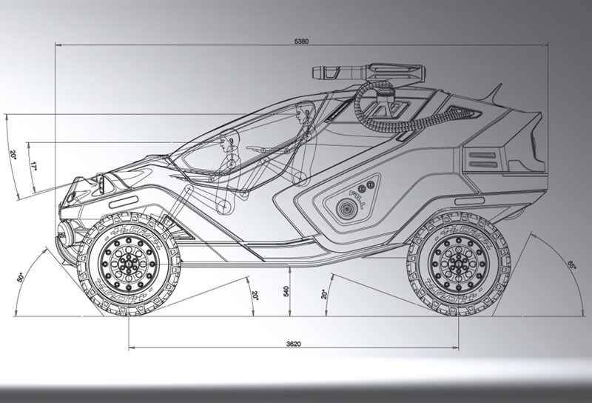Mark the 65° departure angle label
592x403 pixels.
571,264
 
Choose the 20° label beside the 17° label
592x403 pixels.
13,156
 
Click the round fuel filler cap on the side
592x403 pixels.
345,210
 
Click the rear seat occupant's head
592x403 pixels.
301,113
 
